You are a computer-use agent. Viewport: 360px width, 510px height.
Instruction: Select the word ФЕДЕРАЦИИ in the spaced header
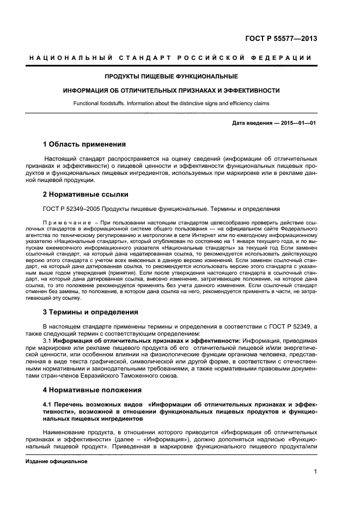click(287, 57)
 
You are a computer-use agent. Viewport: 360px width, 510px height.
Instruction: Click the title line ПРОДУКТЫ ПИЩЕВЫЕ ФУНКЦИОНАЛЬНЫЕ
click(171, 76)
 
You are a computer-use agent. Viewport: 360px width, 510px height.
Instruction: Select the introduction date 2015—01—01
click(298, 123)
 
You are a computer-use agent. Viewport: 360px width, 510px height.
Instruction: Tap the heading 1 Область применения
click(84, 144)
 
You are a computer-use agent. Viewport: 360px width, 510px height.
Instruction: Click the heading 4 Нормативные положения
click(93, 390)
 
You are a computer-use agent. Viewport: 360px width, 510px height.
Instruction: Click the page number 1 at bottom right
click(315, 473)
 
